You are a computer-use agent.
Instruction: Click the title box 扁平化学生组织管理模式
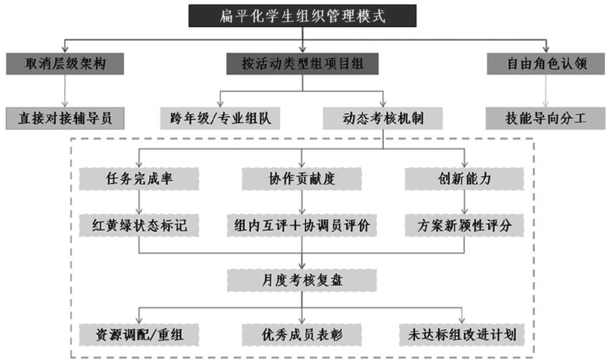(303, 16)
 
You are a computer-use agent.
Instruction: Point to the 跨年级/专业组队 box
(221, 118)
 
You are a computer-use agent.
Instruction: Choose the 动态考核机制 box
(383, 118)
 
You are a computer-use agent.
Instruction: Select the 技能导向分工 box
(546, 118)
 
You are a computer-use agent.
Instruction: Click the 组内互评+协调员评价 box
(302, 224)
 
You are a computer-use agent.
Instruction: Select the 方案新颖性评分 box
(464, 224)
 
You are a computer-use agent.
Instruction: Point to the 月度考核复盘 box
(302, 280)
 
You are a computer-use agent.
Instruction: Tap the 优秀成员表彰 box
(302, 333)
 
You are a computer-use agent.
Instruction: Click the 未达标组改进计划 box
(464, 333)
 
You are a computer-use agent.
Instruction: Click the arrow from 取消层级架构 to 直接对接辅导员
(64, 91)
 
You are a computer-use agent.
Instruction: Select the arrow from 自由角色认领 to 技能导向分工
(546, 91)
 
